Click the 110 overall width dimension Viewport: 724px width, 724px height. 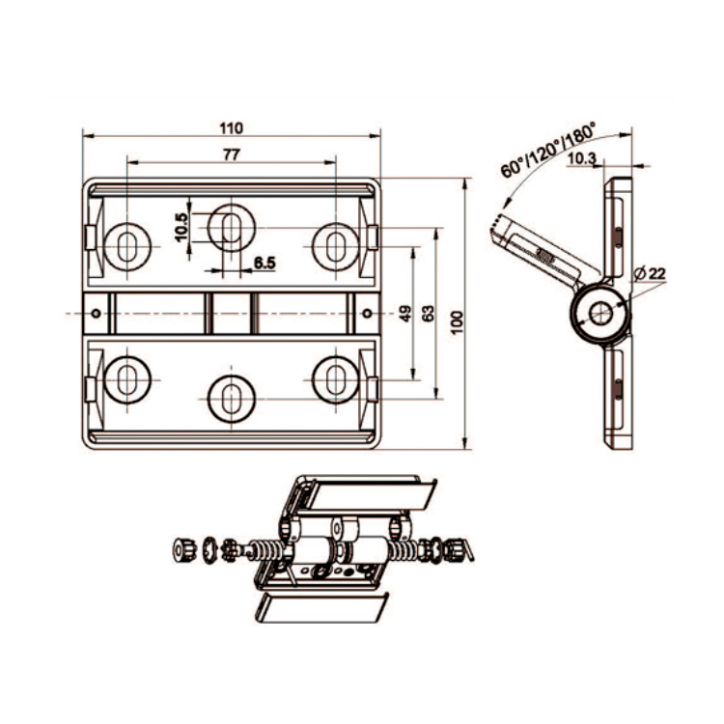(232, 127)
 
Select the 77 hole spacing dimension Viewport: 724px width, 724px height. (232, 154)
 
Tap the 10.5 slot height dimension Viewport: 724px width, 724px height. (181, 228)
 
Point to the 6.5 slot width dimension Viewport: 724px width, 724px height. (265, 263)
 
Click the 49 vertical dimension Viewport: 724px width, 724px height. (405, 314)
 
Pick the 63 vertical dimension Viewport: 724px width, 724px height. (430, 314)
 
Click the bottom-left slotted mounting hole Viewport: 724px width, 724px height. (125, 377)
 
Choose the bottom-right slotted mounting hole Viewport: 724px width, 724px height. (335, 377)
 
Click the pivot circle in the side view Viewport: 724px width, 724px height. (599, 312)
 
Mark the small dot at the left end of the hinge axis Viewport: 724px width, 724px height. (97, 313)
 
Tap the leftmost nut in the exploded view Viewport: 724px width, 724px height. (181, 549)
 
